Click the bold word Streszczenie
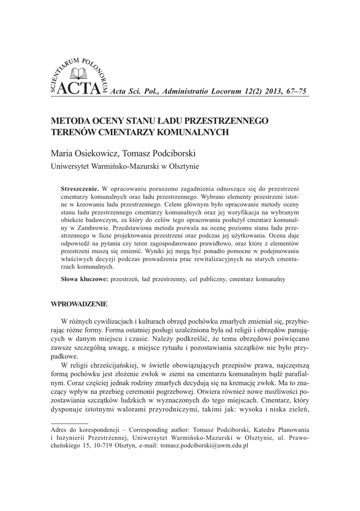80,189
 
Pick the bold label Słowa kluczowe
84,279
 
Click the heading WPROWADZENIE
79,304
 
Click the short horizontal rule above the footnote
69,422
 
